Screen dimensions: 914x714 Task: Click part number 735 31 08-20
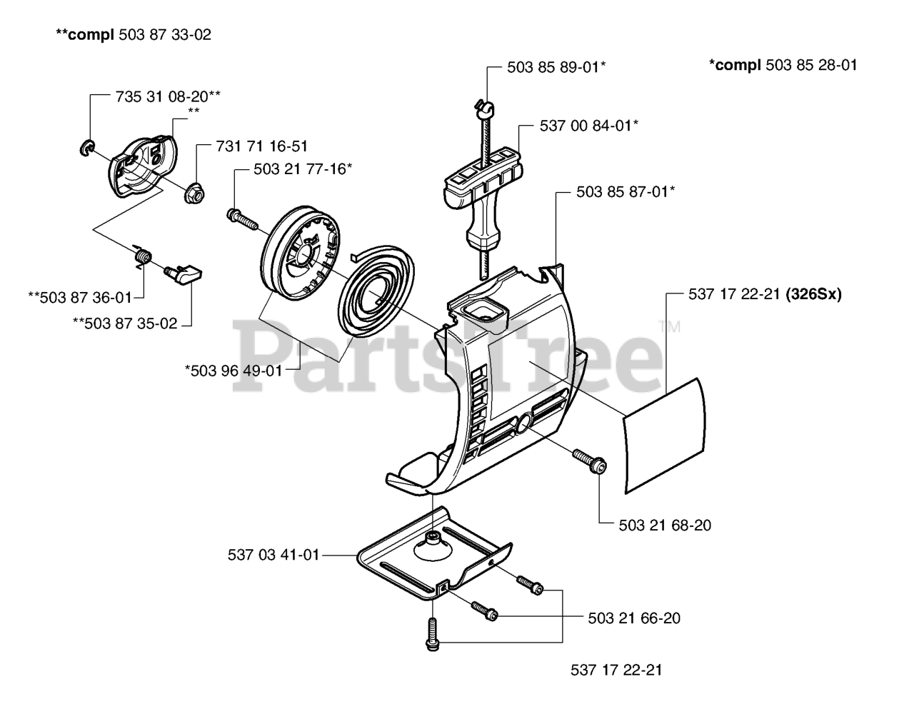[168, 95]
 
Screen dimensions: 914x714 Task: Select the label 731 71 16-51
[261, 146]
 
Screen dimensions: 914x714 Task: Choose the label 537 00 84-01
[589, 126]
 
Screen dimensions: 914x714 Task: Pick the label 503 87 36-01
[80, 296]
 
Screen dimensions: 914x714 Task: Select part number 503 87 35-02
[125, 323]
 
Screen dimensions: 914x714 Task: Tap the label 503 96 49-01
[233, 370]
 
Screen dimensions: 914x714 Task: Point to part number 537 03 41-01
[273, 553]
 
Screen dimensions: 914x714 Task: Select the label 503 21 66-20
[634, 618]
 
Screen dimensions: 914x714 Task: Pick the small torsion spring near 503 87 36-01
[143, 254]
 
